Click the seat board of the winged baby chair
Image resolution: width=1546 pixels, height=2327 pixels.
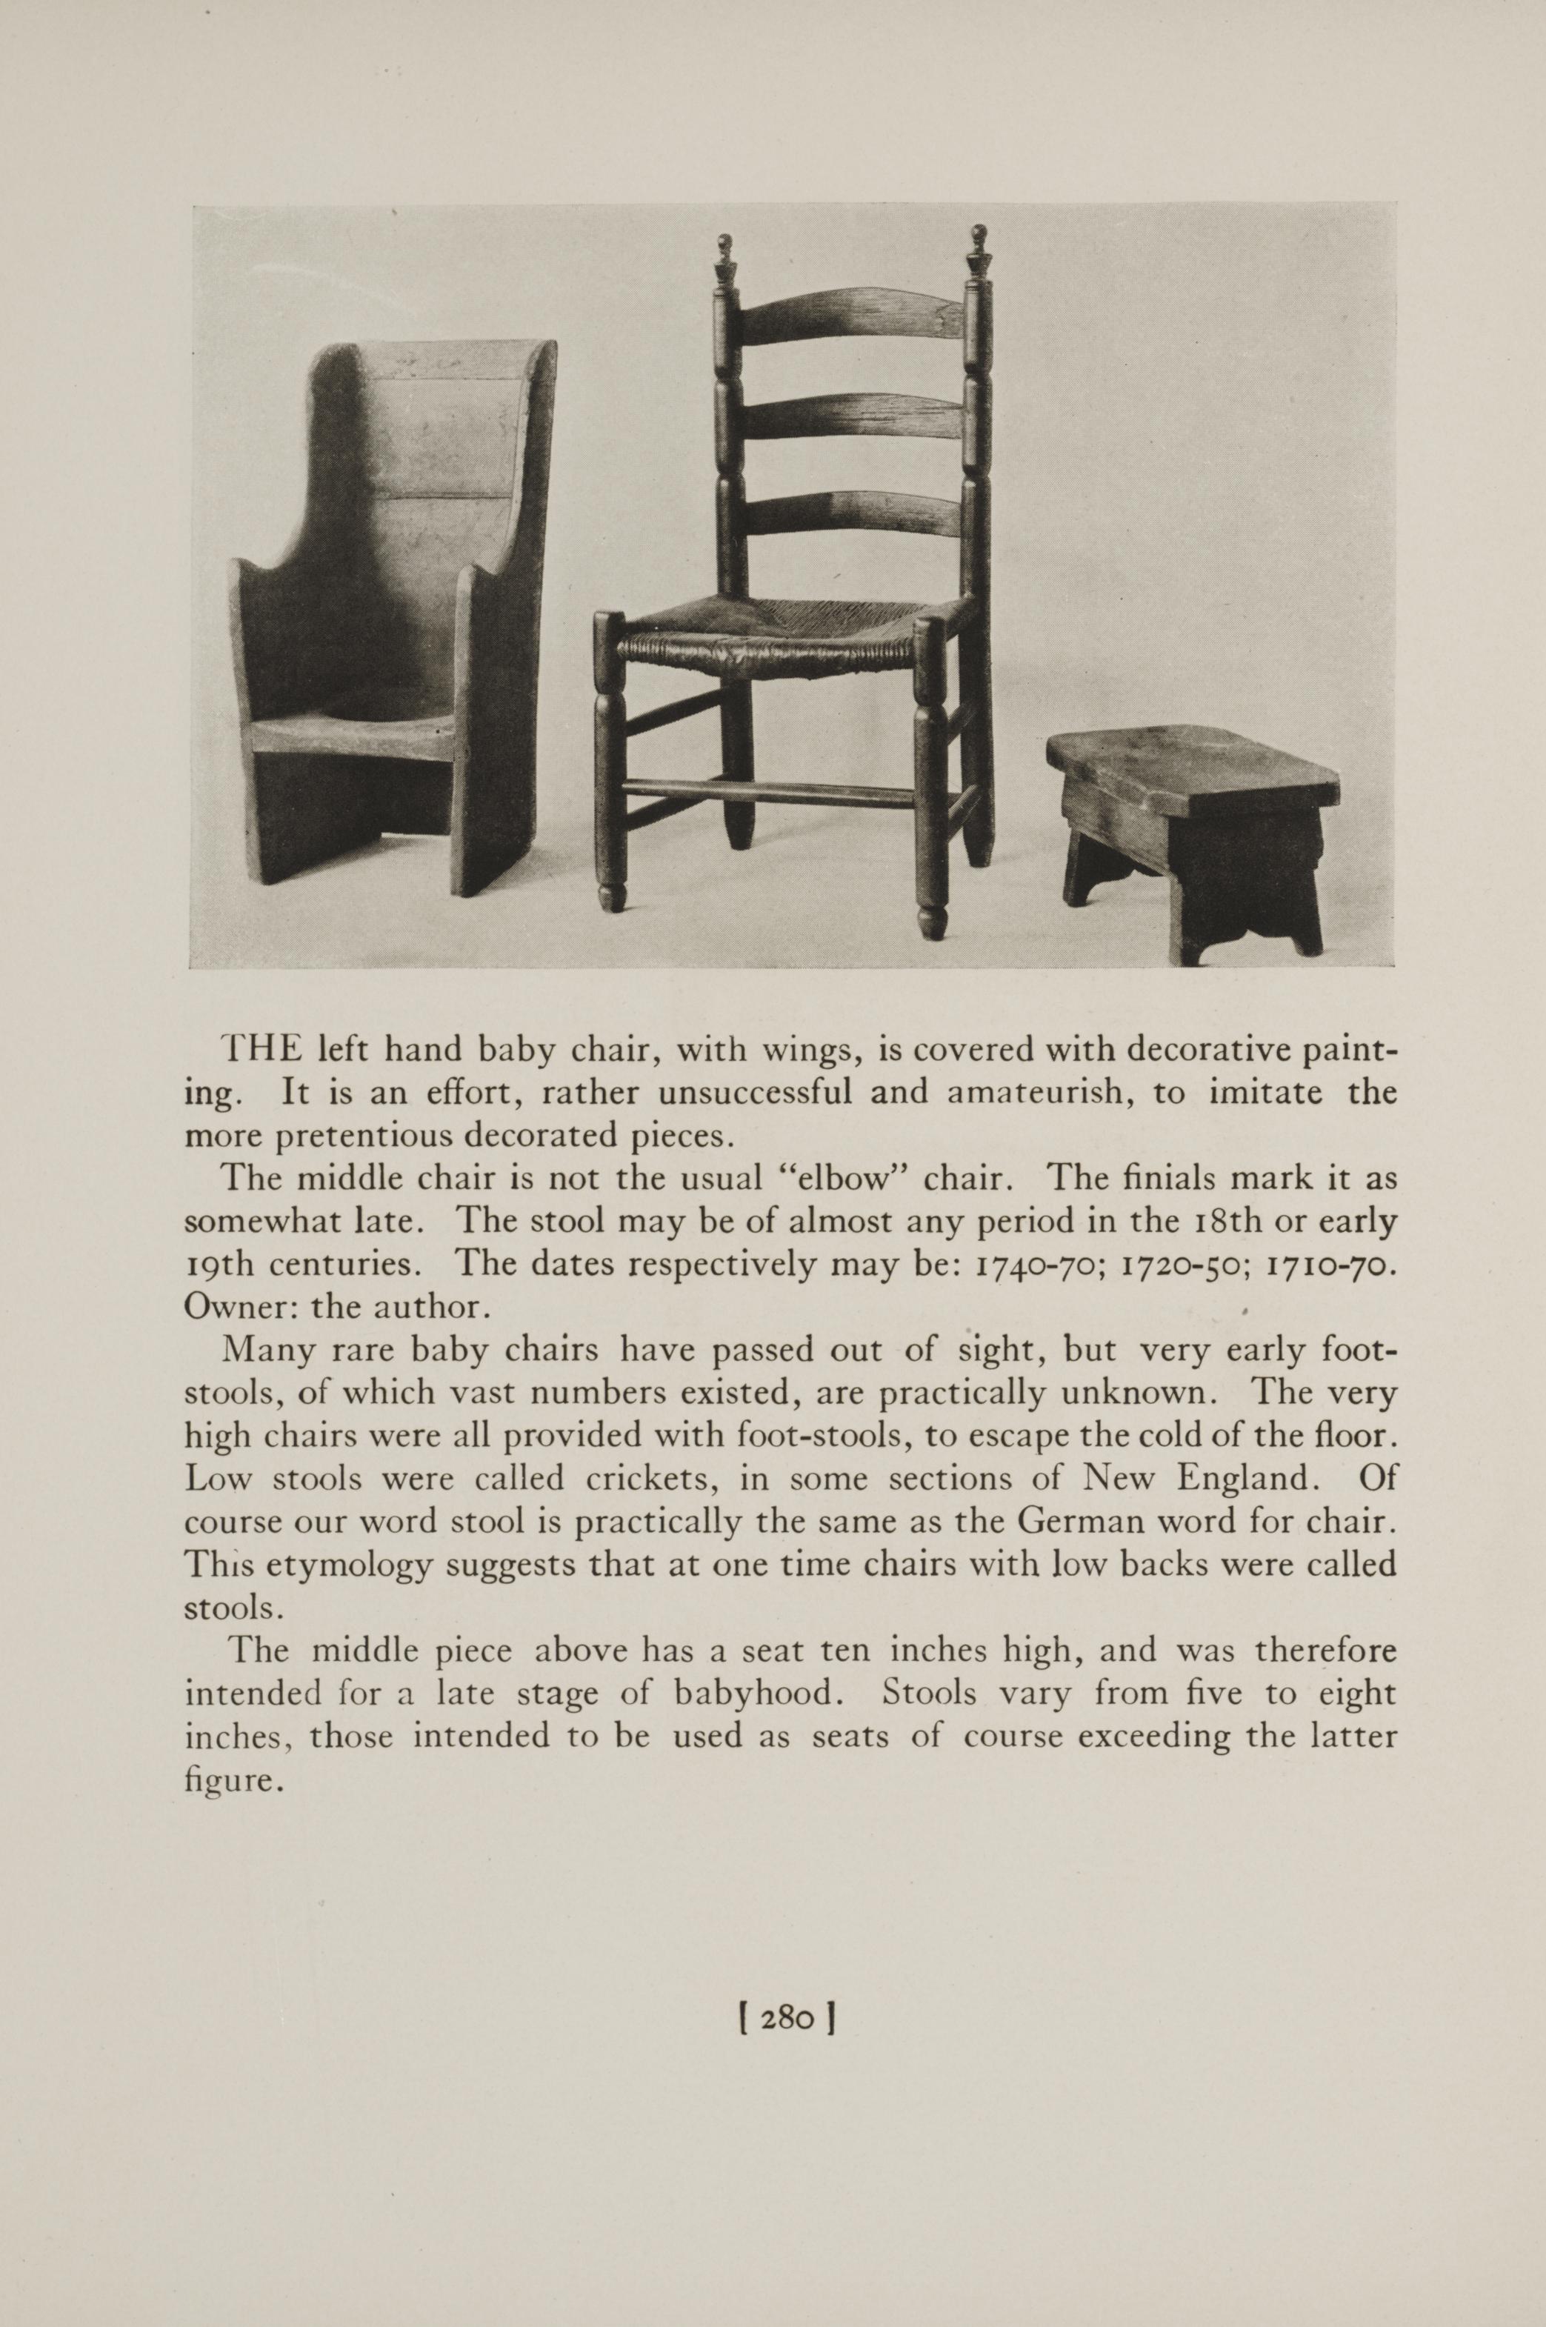(x=345, y=735)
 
